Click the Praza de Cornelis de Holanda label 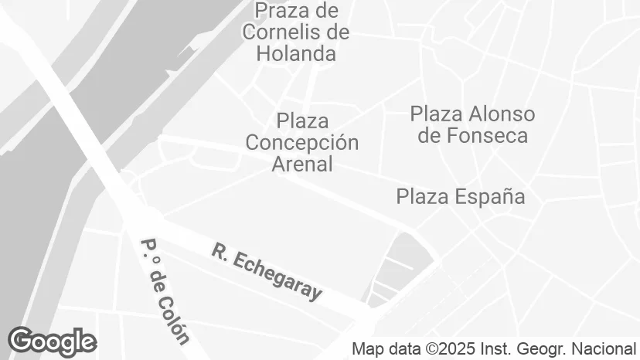295,32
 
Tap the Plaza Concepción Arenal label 301,143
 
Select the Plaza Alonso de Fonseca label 472,125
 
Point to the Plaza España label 460,196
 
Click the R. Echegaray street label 266,272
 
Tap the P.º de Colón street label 164,290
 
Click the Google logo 52,341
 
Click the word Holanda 297,54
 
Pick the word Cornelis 283,32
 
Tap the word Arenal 301,164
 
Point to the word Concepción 301,143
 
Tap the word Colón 176,318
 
